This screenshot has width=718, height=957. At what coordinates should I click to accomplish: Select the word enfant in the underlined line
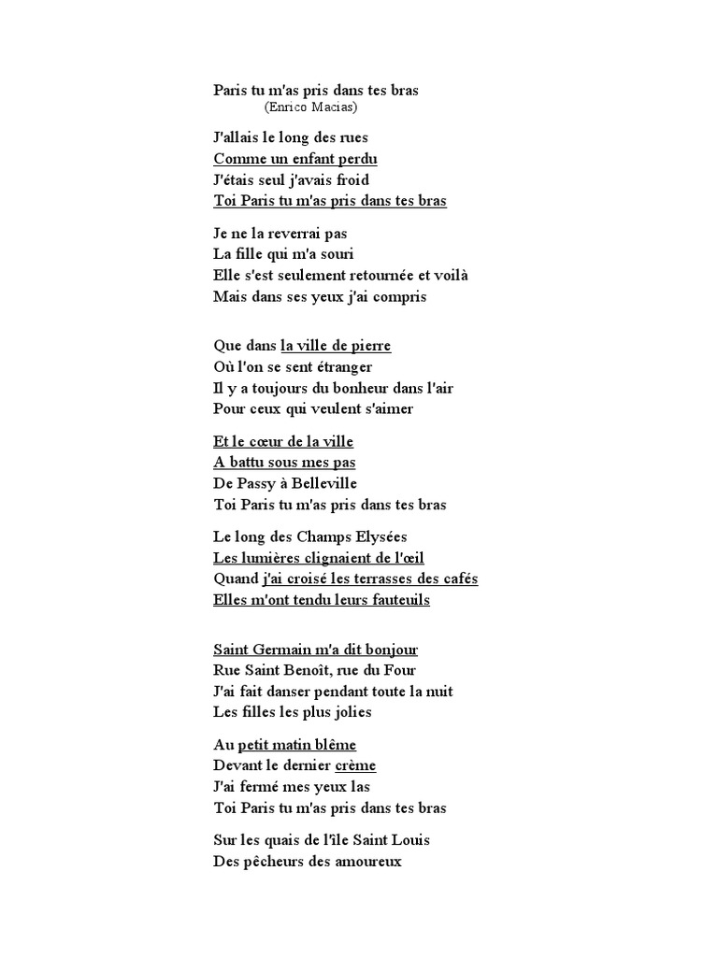click(304, 159)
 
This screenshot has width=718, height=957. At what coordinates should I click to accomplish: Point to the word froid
click(349, 179)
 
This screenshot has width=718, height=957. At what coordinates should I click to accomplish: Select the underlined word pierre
click(369, 346)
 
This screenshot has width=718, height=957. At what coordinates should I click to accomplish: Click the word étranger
click(339, 367)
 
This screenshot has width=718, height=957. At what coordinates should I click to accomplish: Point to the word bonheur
click(332, 388)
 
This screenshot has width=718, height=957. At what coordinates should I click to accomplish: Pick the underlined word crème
click(355, 765)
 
